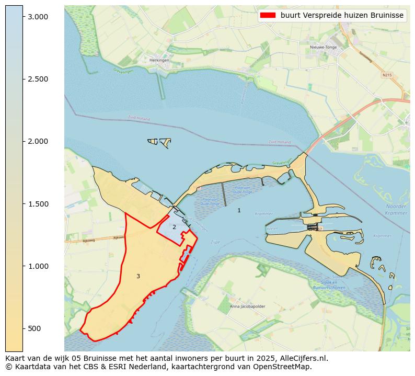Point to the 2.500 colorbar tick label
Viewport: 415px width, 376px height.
(38, 79)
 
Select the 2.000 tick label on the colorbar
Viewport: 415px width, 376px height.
(38, 141)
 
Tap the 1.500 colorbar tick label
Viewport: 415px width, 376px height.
(38, 204)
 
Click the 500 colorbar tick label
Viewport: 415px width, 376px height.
(34, 328)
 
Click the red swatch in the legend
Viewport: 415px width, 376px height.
(267, 15)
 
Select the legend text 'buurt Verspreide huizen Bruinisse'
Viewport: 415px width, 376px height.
(342, 15)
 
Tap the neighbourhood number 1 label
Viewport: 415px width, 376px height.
(239, 210)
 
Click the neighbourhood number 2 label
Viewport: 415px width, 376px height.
(174, 227)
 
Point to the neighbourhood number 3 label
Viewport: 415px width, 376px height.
(138, 276)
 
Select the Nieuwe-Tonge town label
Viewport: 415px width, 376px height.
(324, 47)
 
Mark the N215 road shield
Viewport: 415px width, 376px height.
(387, 75)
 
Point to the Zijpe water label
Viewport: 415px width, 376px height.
(215, 242)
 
